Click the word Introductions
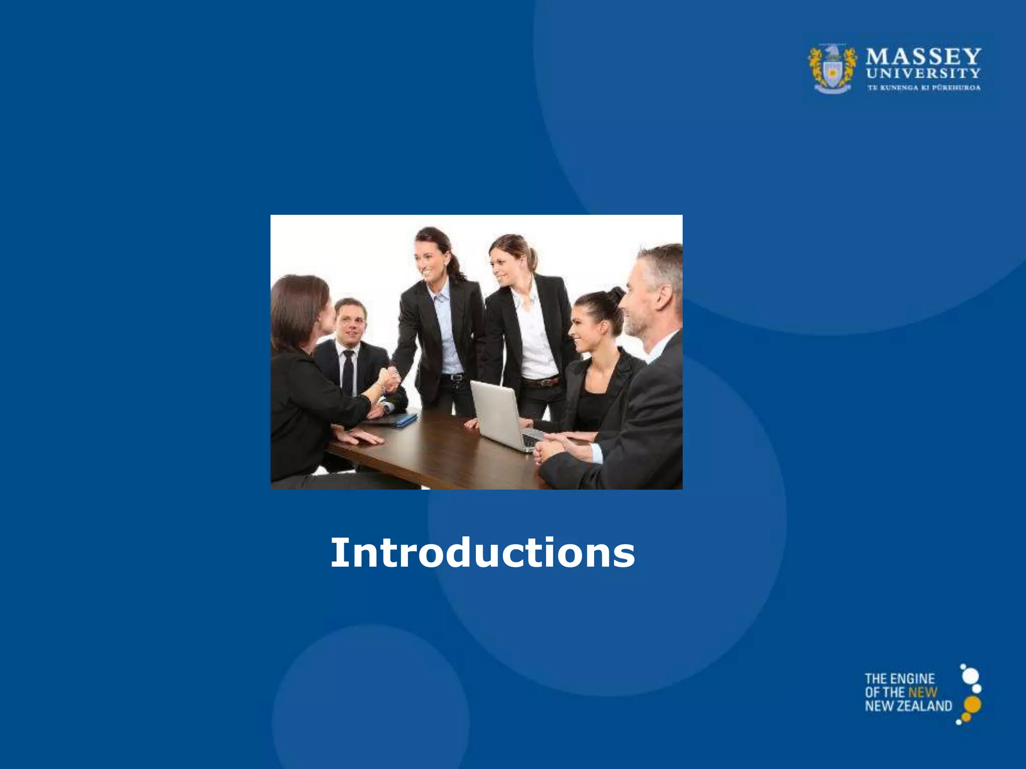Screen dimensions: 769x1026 click(482, 553)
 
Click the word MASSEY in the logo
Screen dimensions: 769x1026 click(923, 57)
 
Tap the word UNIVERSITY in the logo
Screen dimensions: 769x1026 click(923, 74)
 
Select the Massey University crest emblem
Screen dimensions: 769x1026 click(832, 69)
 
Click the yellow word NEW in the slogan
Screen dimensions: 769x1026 click(922, 692)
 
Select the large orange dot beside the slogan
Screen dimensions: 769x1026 click(972, 704)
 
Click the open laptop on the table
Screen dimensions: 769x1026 click(498, 414)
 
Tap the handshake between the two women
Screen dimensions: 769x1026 click(389, 379)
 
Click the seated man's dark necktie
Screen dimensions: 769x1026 click(348, 373)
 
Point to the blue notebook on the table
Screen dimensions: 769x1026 click(406, 420)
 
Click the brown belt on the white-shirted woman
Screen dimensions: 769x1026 click(541, 382)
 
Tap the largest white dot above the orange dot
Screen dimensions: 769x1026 click(970, 676)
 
